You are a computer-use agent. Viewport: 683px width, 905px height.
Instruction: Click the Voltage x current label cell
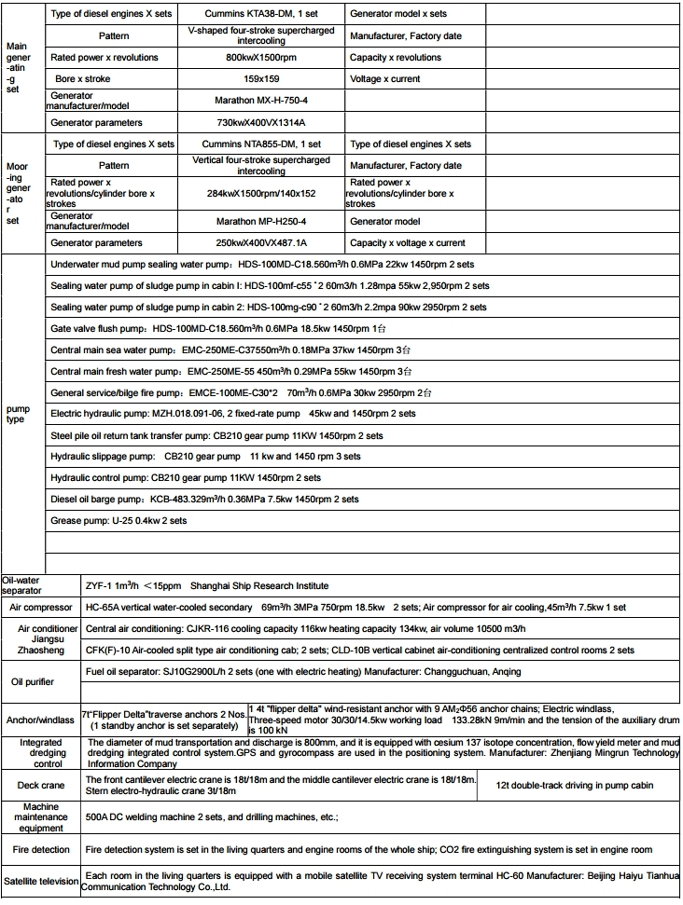(385, 79)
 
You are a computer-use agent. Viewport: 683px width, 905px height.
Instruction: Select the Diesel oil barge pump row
(204, 500)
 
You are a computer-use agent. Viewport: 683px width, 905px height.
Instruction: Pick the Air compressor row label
(41, 607)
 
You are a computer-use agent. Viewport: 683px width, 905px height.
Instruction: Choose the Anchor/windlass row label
(41, 720)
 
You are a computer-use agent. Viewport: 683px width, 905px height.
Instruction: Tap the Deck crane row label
(41, 785)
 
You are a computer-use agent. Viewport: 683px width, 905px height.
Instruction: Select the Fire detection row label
(41, 850)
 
